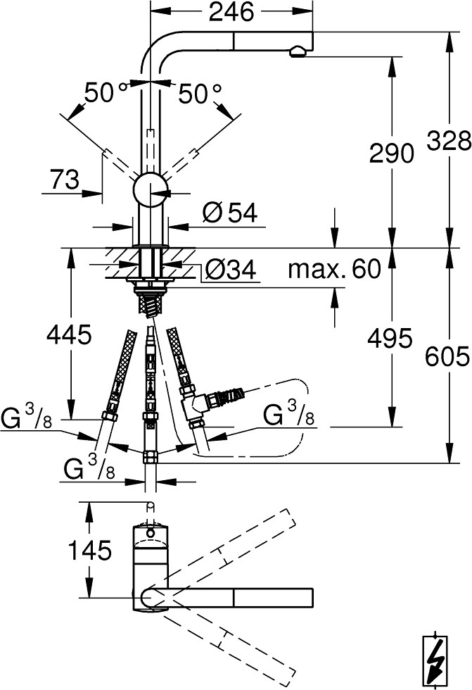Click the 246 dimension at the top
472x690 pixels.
tap(231, 12)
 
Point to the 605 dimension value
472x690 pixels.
tap(447, 356)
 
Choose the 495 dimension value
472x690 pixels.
tap(390, 339)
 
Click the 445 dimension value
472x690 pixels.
tap(69, 334)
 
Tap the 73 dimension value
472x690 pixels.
tap(65, 180)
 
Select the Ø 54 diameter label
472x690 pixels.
tap(230, 213)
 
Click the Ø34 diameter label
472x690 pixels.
tap(229, 269)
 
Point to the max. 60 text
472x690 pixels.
tap(334, 269)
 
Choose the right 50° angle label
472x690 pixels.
tap(200, 94)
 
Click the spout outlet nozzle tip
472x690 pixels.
tap(297, 52)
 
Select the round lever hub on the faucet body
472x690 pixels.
tap(151, 189)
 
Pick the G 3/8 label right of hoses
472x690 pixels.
tap(288, 415)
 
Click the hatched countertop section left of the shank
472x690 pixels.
tap(121, 263)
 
